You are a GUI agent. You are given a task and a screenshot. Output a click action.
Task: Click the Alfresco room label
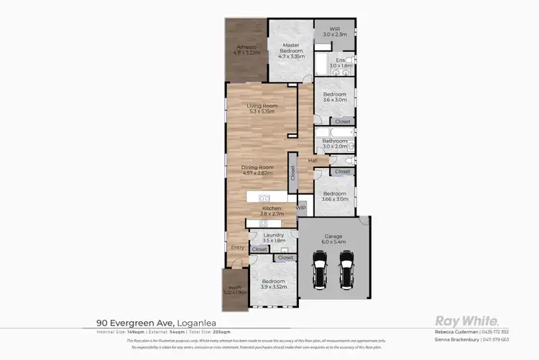pyautogui.click(x=247, y=50)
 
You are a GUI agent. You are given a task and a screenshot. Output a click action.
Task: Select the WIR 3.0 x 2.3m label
pyautogui.click(x=334, y=32)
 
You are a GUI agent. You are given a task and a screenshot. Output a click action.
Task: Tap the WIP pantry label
pyautogui.click(x=301, y=207)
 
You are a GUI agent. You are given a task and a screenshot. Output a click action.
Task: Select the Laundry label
pyautogui.click(x=273, y=237)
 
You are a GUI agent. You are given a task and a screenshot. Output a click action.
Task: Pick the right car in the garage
pyautogui.click(x=347, y=270)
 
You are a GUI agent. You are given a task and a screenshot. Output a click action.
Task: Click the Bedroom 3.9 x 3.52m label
pyautogui.click(x=273, y=284)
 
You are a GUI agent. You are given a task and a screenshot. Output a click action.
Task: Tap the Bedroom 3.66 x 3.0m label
pyautogui.click(x=335, y=196)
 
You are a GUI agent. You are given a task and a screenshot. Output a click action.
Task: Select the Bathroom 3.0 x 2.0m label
pyautogui.click(x=335, y=144)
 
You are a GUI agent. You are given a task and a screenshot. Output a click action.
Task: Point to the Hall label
pyautogui.click(x=313, y=160)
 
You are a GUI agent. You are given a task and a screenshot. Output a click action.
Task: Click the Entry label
pyautogui.click(x=237, y=248)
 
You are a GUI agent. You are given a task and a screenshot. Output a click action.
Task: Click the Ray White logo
pyautogui.click(x=461, y=321)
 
